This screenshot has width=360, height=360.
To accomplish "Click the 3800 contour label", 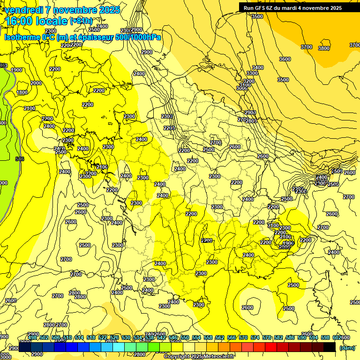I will (x=323, y=48).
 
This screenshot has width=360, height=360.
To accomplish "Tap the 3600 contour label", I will (x=285, y=59).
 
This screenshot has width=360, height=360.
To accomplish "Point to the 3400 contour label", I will (x=257, y=67).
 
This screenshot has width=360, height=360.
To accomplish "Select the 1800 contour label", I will (x=22, y=93).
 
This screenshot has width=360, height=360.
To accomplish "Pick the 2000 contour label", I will (x=36, y=83).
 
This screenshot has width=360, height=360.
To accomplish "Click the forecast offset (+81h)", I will (x=81, y=21).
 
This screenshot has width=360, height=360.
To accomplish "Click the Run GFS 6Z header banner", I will (x=292, y=8).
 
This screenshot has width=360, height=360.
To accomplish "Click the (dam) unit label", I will (x=346, y=348).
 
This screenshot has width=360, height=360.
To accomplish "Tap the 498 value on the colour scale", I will (x=32, y=337).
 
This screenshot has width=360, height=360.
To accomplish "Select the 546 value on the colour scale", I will (x=172, y=337).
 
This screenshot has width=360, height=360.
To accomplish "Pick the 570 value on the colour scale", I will (x=243, y=337).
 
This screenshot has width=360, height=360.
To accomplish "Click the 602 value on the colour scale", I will (x=337, y=337).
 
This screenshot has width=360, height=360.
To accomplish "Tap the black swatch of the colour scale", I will (x=329, y=347).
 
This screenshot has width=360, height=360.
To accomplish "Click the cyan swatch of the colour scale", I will (x=118, y=347).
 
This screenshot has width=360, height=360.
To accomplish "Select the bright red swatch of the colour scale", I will (x=270, y=347).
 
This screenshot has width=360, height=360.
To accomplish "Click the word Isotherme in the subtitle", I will (x=22, y=37).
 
